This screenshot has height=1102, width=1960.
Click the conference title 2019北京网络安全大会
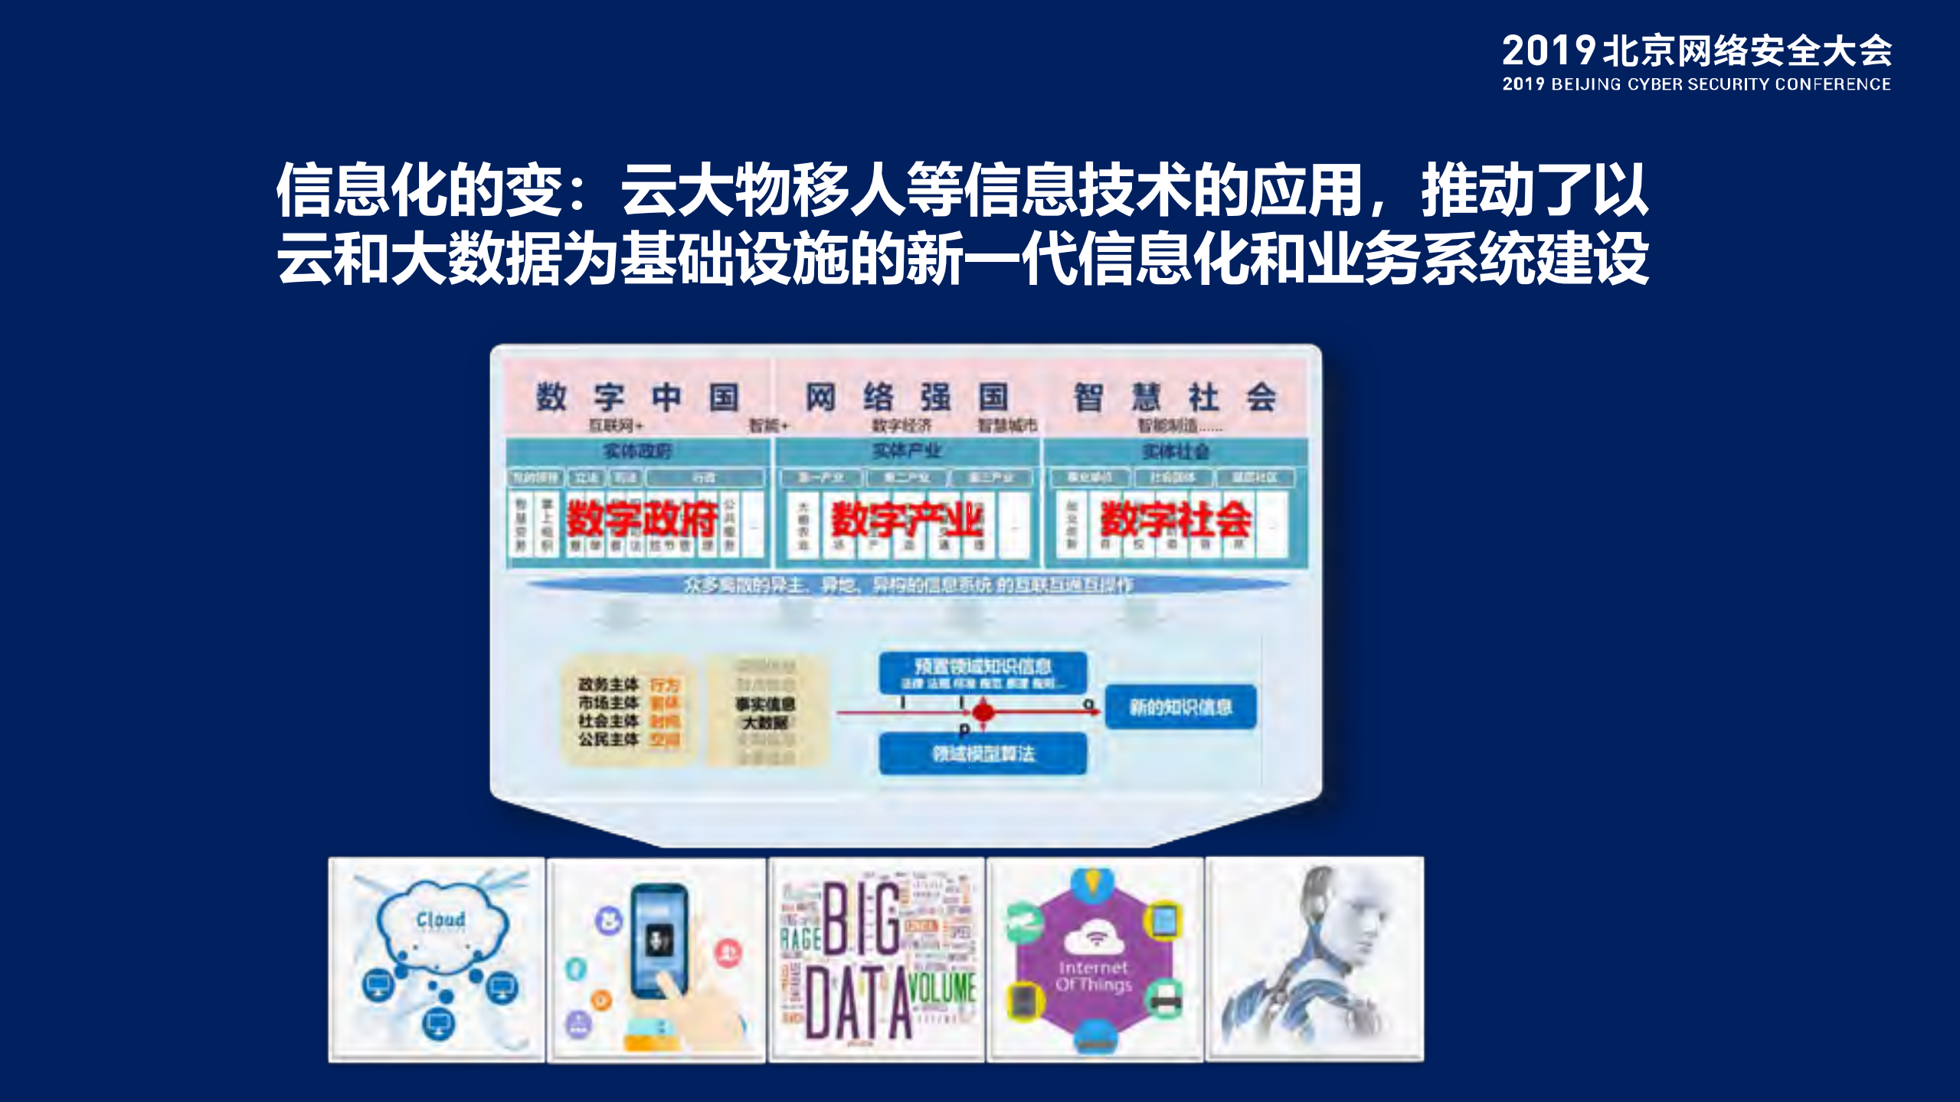point(1696,51)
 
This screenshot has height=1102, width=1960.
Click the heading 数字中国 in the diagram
point(638,397)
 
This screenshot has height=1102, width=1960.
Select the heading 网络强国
point(906,397)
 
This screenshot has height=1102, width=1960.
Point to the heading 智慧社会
point(1174,397)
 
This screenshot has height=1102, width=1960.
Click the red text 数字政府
point(642,520)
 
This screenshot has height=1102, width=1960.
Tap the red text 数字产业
point(907,520)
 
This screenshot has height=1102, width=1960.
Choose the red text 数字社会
point(1176,520)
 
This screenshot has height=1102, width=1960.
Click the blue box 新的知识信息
point(1180,707)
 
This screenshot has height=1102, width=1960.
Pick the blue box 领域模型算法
point(983,754)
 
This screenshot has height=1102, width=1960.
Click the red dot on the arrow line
point(983,712)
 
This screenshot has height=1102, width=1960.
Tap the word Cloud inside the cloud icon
point(440,919)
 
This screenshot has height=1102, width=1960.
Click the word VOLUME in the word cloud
point(943,987)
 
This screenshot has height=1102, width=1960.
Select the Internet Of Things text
point(1093,976)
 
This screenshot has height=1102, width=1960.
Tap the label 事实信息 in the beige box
point(765,704)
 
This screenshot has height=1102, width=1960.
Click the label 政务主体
point(608,684)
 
